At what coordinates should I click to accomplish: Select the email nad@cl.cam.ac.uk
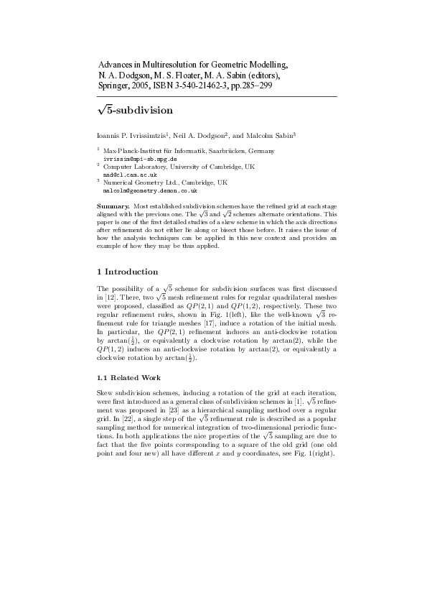pos(126,175)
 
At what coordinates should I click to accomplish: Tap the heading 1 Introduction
pos(127,272)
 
